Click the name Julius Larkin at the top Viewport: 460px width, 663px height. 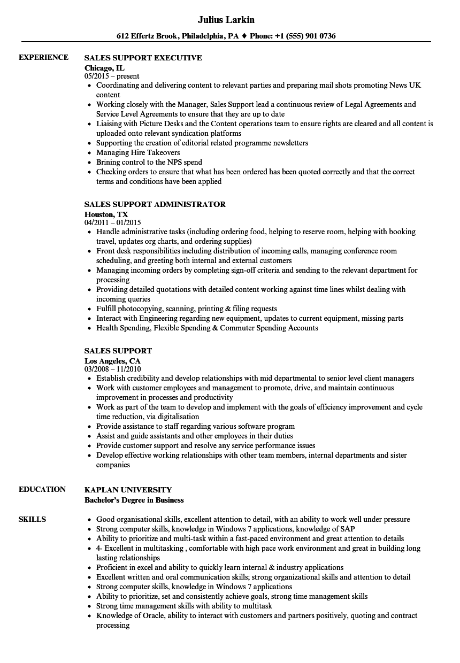226,20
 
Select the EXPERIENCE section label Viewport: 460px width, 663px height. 43,57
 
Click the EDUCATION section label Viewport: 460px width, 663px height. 42,489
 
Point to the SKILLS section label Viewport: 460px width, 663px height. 32,519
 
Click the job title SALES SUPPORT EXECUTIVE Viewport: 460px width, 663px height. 143,58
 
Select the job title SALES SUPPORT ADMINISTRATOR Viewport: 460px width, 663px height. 155,204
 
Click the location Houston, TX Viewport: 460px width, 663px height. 106,214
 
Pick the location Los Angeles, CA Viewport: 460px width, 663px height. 112,361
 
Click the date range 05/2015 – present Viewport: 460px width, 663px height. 112,76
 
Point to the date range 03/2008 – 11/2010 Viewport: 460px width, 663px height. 113,369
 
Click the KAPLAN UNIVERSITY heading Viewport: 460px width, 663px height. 128,490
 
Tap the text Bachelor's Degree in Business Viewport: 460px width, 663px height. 134,500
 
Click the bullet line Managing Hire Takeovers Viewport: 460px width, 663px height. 138,152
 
